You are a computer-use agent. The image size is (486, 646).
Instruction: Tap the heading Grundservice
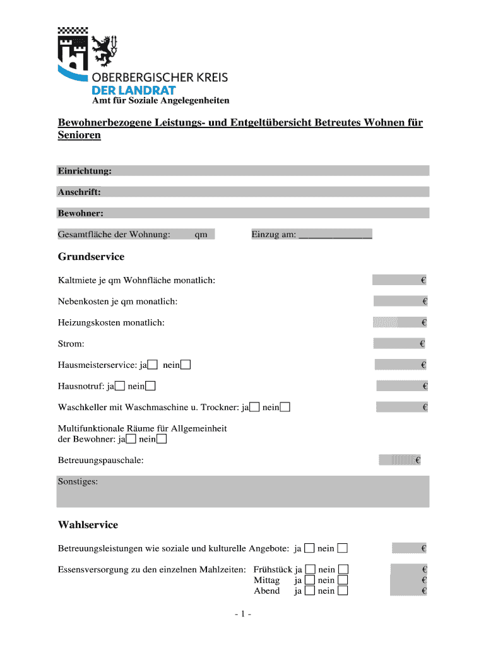coord(91,257)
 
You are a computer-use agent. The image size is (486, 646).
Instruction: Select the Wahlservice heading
coord(88,525)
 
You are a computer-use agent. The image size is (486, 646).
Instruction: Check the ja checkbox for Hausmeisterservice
coord(153,365)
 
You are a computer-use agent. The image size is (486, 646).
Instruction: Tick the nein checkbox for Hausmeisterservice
coord(186,365)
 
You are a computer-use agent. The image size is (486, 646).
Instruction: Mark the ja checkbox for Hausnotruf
coord(120,386)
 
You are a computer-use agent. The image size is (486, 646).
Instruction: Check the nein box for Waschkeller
coord(285,408)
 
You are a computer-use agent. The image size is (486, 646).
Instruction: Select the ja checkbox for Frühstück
coord(310,568)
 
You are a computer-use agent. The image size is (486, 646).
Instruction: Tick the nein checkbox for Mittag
coord(343,580)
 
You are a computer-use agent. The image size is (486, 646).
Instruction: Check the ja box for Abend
coord(310,591)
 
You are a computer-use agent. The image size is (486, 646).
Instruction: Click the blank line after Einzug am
coord(335,235)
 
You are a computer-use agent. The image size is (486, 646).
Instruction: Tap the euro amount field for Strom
coord(399,344)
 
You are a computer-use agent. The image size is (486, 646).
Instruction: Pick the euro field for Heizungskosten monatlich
coord(400,323)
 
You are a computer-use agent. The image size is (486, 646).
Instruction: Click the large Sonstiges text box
coord(243,492)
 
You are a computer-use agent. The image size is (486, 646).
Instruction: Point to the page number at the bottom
coord(242,614)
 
